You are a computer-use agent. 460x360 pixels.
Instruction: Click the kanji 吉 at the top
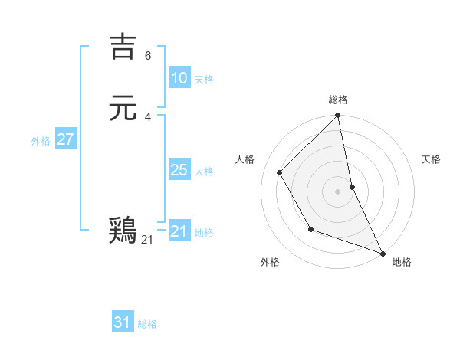(123, 47)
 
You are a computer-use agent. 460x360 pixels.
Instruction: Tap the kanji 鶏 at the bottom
(123, 231)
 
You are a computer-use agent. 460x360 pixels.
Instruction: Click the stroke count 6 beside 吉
(148, 56)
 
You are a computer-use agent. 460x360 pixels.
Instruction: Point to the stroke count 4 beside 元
(148, 116)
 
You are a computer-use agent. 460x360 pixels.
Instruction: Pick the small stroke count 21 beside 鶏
(147, 240)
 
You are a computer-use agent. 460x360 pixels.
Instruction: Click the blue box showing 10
(179, 78)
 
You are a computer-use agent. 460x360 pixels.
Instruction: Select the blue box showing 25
(179, 170)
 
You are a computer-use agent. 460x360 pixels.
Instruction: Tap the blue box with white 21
(179, 231)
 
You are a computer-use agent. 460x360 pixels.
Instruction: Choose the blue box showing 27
(66, 139)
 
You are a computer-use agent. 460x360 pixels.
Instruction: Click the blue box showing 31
(123, 322)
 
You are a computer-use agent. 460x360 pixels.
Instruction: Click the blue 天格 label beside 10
(204, 80)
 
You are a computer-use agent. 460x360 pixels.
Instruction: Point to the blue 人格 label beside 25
(204, 172)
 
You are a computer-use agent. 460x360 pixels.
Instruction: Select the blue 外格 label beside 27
(41, 141)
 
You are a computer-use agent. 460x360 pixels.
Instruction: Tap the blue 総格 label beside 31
(147, 324)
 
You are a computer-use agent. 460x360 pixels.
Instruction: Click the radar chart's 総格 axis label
(338, 100)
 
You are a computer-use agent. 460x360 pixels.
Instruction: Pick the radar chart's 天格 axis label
(431, 159)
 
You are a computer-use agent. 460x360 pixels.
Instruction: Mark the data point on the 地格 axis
(383, 252)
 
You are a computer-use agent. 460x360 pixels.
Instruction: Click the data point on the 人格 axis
(280, 172)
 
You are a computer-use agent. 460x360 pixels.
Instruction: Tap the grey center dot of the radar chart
(338, 191)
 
